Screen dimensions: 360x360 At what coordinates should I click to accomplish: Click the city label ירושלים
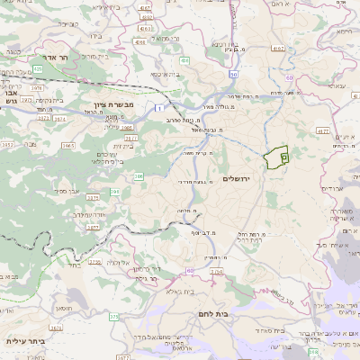(239, 179)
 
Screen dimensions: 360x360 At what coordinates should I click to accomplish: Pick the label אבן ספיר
(69, 192)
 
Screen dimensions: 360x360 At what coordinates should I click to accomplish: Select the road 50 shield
(232, 75)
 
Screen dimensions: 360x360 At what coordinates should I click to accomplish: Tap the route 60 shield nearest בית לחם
(189, 270)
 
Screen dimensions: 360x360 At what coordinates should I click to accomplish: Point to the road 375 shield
(113, 317)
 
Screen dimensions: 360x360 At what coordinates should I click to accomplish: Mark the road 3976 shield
(37, 87)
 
